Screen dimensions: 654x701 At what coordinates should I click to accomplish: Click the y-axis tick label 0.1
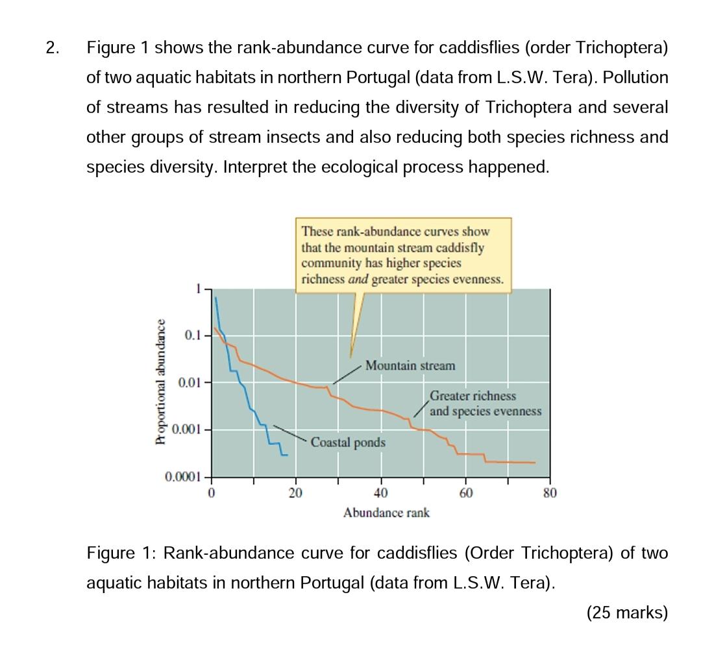click(194, 335)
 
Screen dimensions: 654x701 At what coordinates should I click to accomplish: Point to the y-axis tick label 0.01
click(191, 383)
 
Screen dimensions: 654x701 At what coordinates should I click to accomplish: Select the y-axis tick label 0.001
click(188, 430)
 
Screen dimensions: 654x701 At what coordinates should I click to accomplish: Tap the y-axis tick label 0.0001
click(184, 478)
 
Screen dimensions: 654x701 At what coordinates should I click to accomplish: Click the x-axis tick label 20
click(296, 493)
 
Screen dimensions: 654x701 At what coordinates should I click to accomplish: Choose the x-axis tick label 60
click(465, 493)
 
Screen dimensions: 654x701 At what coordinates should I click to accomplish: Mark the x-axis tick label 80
click(550, 493)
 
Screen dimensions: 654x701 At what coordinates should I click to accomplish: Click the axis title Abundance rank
click(386, 513)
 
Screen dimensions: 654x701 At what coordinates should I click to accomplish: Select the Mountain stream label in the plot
click(410, 366)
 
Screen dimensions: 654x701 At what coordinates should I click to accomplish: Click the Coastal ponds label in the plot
click(348, 442)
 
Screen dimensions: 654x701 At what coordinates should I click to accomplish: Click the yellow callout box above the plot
click(402, 255)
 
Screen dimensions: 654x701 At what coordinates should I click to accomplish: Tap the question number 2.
click(53, 48)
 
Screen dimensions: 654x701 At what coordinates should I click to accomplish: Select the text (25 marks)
click(626, 612)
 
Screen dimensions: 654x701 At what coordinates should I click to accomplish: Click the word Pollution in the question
click(635, 78)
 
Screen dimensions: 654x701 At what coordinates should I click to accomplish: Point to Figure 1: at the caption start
click(122, 553)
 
